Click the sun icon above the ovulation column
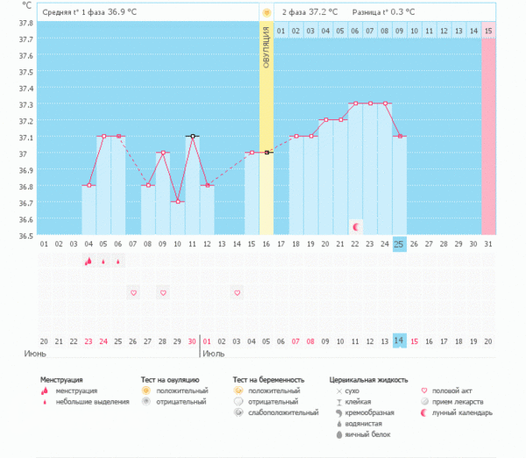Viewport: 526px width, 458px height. tap(267, 12)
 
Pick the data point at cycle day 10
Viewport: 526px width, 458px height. tap(177, 202)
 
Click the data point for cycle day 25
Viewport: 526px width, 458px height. tap(400, 137)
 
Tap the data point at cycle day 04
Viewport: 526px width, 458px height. tap(89, 185)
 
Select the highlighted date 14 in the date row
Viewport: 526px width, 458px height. tap(399, 340)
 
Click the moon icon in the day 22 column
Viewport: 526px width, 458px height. tap(355, 226)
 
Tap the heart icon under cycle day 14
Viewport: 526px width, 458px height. tap(237, 292)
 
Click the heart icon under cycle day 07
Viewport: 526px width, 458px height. tap(133, 292)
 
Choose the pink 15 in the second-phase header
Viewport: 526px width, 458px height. tap(488, 31)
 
